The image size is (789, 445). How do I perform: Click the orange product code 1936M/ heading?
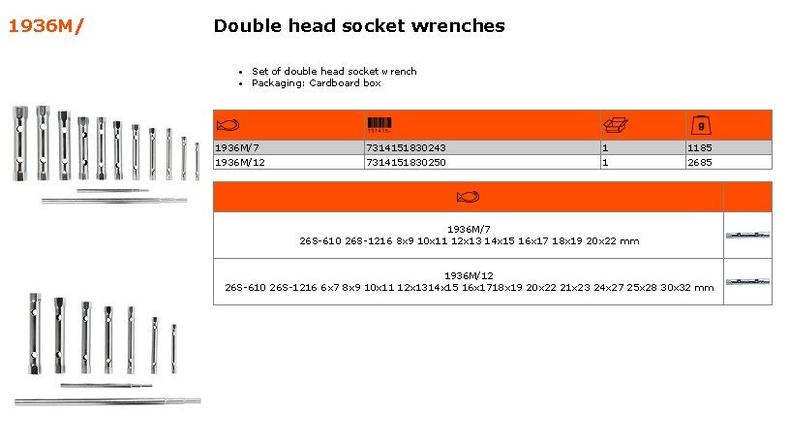point(46,26)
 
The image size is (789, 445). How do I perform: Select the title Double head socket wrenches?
point(359,26)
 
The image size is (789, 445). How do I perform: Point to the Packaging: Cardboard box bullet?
point(316,83)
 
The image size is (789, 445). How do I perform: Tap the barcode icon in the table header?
point(379,125)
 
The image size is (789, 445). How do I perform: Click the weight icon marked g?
point(701,125)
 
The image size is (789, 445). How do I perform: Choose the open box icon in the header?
point(616,125)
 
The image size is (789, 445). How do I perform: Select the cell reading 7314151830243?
point(406,147)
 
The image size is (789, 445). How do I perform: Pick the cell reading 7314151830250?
point(406,162)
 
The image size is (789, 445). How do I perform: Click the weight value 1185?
point(699,147)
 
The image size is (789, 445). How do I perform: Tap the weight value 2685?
point(699,162)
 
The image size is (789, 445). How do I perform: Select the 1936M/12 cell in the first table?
point(239,162)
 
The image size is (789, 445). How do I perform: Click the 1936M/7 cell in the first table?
point(236,147)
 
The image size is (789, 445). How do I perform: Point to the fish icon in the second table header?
point(468,197)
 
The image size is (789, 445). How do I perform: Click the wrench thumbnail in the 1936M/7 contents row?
point(747,235)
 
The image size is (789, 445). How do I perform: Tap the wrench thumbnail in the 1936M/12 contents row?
point(747,282)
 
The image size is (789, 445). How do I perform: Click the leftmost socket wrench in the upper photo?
point(20,143)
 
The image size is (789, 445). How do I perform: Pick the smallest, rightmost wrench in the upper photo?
point(197,161)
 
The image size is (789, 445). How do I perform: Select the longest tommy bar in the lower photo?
point(107,401)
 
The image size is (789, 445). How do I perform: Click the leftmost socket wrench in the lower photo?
point(34,334)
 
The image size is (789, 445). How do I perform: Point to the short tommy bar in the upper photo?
point(112,190)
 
